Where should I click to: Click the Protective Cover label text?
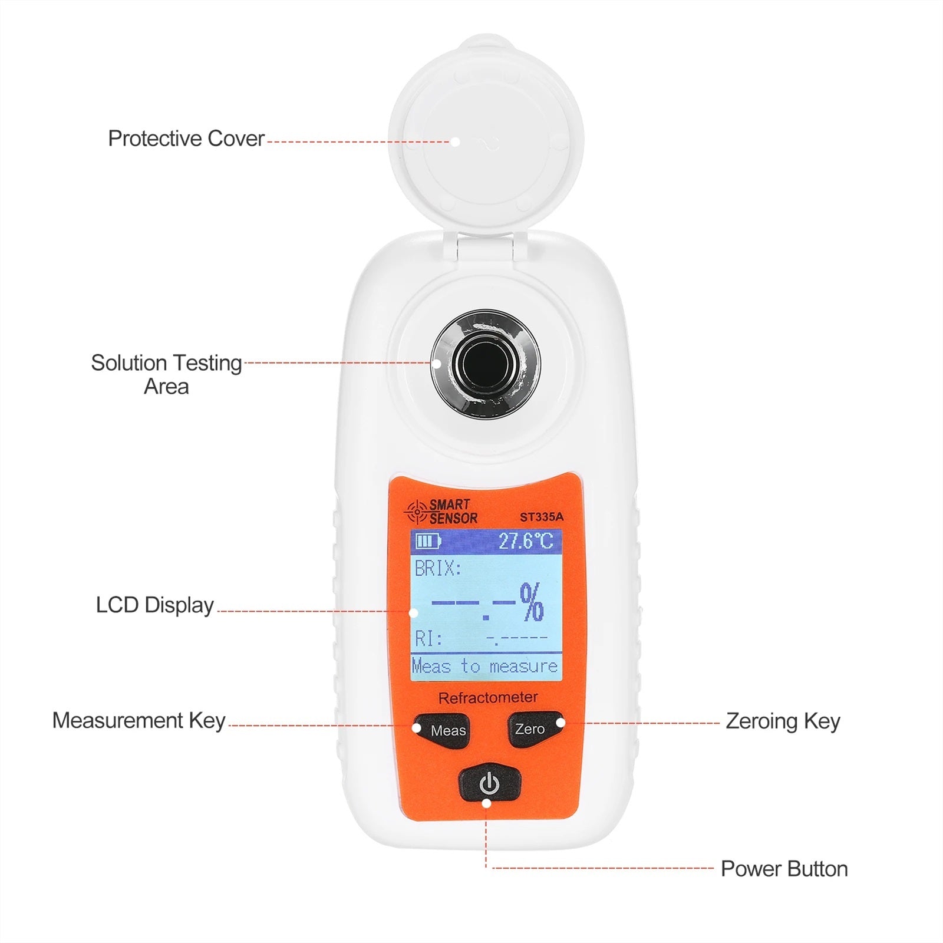[x=186, y=139]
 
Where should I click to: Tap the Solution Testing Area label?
[x=166, y=374]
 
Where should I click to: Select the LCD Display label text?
[x=154, y=605]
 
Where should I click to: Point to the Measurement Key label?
[x=139, y=721]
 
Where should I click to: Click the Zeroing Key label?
[x=782, y=721]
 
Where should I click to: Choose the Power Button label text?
[x=784, y=869]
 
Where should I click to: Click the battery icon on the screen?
[x=428, y=541]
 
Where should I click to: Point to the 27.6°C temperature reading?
[x=526, y=541]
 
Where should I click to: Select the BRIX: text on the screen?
[x=438, y=569]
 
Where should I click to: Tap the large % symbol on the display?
[x=532, y=602]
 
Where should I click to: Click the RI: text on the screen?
[x=428, y=639]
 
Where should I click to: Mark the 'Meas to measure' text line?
[x=485, y=667]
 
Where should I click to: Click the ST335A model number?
[x=541, y=517]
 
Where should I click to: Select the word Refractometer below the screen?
[x=488, y=698]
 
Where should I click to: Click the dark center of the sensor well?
[x=486, y=364]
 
